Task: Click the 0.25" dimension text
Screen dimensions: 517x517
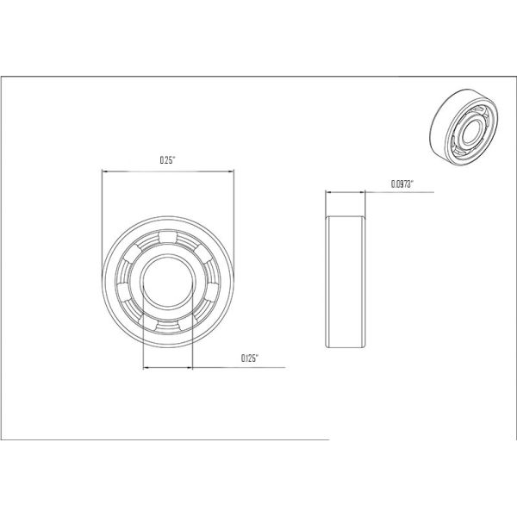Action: point(167,159)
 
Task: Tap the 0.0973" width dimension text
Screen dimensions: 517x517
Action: point(403,183)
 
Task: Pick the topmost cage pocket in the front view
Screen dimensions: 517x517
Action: point(167,238)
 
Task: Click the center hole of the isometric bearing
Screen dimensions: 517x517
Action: point(470,128)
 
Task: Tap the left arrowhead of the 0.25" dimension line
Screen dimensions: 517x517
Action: point(105,171)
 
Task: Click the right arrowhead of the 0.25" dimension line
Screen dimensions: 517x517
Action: point(231,171)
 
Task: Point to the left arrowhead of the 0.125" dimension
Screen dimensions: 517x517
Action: point(145,368)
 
